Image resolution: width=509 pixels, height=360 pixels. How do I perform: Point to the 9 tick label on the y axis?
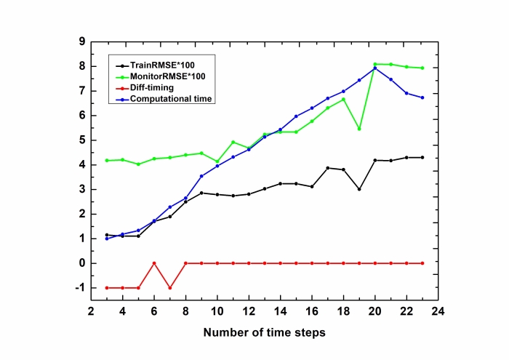pos(81,41)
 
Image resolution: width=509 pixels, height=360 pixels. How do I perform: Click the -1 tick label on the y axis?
pos(79,288)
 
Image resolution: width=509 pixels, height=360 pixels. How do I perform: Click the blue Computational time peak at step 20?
pos(374,68)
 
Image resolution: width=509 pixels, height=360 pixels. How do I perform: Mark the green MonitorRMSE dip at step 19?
pos(358,129)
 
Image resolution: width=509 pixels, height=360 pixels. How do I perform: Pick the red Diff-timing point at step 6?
pos(153,263)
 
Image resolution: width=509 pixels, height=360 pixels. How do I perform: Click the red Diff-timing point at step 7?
pos(169,288)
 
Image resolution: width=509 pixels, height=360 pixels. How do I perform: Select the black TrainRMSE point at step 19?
pos(358,189)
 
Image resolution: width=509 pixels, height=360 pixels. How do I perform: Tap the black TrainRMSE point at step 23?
pos(422,157)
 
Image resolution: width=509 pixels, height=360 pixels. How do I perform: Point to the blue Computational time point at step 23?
pos(422,97)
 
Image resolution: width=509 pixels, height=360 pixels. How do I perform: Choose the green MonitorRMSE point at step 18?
pos(343,99)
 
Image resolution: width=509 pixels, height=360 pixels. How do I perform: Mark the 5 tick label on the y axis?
pos(81,140)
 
